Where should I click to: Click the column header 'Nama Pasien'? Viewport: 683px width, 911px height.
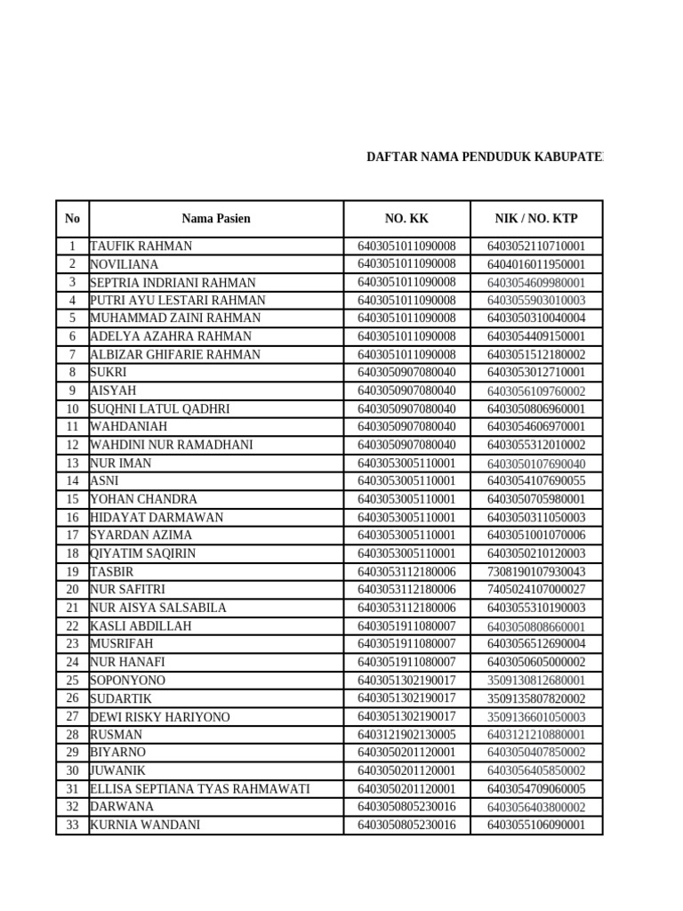pyautogui.click(x=216, y=218)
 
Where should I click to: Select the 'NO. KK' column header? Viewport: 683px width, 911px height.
pyautogui.click(x=406, y=218)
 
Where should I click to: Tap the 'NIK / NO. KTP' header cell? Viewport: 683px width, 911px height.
pyautogui.click(x=535, y=218)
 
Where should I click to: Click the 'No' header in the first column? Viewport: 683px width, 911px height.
pyautogui.click(x=72, y=218)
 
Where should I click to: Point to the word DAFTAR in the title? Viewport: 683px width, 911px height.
pyautogui.click(x=390, y=157)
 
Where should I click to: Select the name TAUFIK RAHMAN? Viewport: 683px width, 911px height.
pyautogui.click(x=141, y=246)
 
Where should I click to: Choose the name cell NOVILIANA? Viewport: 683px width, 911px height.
pyautogui.click(x=124, y=264)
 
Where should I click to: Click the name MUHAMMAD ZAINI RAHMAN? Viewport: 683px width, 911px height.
pyautogui.click(x=175, y=318)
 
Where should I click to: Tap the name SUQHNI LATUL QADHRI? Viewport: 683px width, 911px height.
pyautogui.click(x=159, y=409)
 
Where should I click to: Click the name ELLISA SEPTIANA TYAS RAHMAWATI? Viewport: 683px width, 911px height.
pyautogui.click(x=199, y=789)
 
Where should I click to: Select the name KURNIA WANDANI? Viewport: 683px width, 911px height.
pyautogui.click(x=144, y=825)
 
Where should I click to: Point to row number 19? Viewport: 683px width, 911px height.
pyautogui.click(x=72, y=572)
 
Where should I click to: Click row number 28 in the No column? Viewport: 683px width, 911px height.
pyautogui.click(x=72, y=735)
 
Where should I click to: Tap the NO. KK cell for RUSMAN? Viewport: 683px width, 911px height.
pyautogui.click(x=406, y=735)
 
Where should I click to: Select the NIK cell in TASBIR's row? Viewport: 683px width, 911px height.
pyautogui.click(x=535, y=572)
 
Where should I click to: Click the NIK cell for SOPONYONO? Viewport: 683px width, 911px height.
pyautogui.click(x=535, y=681)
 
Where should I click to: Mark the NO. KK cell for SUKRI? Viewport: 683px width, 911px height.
pyautogui.click(x=406, y=373)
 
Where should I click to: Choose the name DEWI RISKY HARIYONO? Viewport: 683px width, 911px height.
pyautogui.click(x=159, y=717)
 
